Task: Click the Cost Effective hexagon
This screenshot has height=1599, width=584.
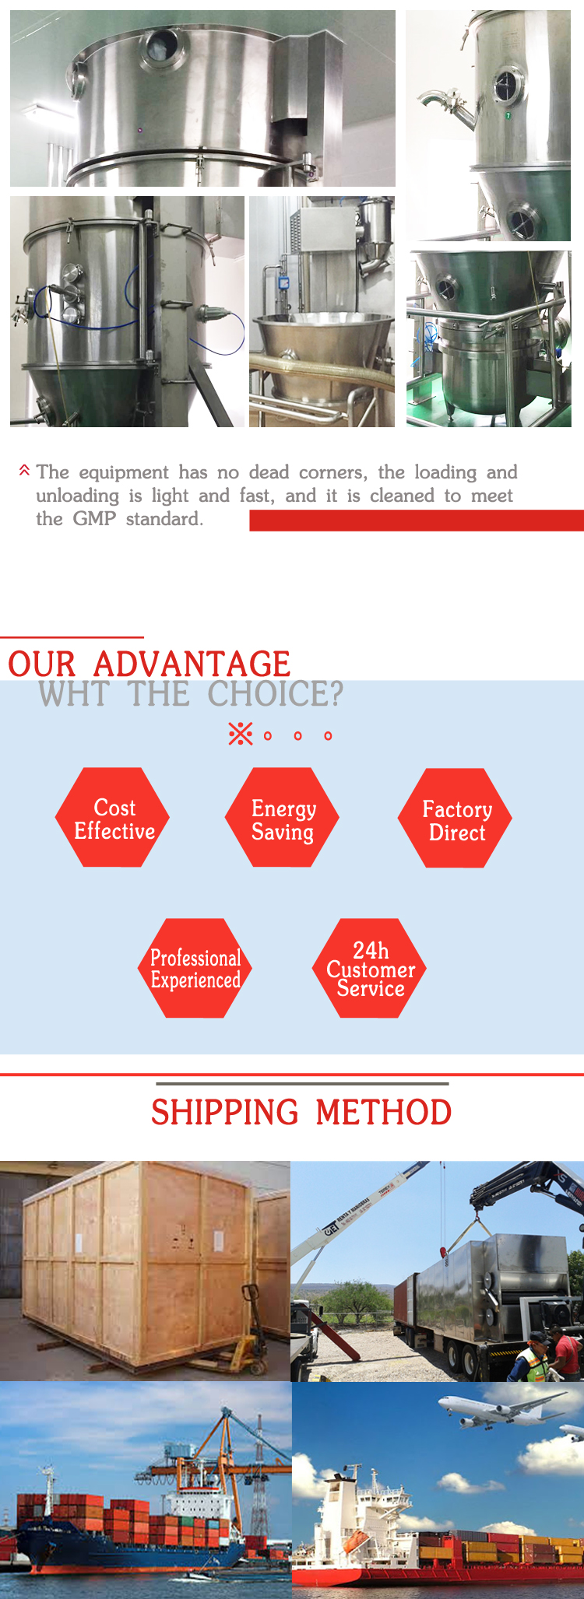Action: tap(112, 817)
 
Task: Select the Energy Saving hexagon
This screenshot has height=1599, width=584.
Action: tap(282, 817)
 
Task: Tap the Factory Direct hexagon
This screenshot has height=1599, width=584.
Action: tap(455, 818)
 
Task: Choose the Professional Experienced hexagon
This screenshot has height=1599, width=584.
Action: tap(195, 968)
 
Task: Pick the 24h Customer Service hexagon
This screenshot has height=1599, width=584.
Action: tap(369, 968)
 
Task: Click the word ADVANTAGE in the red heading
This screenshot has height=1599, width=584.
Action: tap(192, 664)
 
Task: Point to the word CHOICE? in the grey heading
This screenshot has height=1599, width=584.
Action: tap(275, 694)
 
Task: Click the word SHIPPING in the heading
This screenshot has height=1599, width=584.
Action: tap(224, 1112)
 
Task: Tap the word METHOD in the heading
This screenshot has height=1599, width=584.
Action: tap(384, 1112)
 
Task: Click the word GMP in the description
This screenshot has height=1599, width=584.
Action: tap(94, 519)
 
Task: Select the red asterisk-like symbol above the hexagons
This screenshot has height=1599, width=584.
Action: tap(241, 734)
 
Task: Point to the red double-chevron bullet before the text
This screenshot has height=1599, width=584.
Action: tap(24, 471)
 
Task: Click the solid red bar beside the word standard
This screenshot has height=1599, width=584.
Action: tap(417, 521)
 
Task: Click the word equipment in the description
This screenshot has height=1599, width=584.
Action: tap(124, 473)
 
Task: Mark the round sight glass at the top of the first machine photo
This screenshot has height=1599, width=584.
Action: tap(163, 47)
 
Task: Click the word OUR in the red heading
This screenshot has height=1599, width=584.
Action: tap(42, 664)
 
